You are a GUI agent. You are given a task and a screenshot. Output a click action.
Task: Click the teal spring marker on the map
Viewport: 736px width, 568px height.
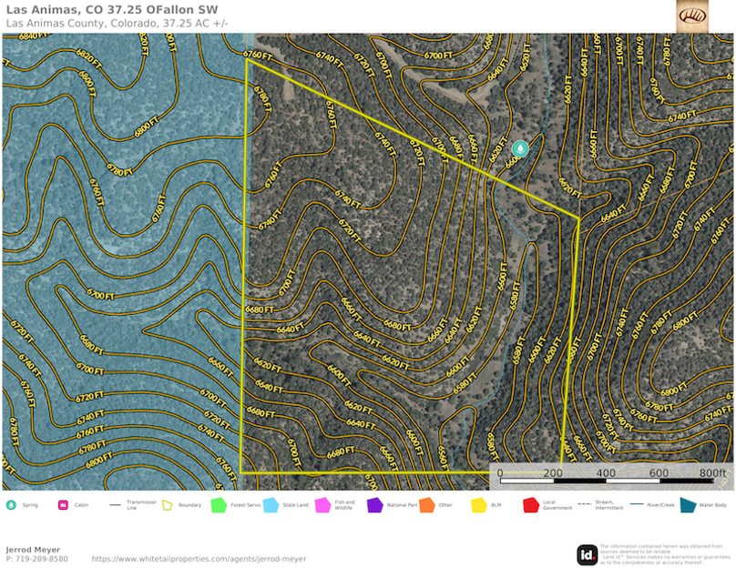(x=520, y=148)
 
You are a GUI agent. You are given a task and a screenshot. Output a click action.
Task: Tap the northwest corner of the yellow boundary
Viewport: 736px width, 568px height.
(x=247, y=60)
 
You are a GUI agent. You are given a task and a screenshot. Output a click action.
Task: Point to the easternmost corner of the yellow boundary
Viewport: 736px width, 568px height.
(x=579, y=218)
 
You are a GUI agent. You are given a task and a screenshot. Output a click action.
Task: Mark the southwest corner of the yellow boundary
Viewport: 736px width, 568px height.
(x=241, y=472)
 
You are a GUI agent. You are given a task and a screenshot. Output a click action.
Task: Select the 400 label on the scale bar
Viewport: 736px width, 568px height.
(x=605, y=473)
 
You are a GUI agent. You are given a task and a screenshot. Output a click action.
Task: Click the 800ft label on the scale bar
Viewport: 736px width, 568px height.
(x=712, y=473)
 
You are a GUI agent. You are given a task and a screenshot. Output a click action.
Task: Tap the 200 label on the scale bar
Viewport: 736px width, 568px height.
(x=552, y=473)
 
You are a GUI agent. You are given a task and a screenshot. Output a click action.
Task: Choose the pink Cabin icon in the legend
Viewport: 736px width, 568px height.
(x=64, y=504)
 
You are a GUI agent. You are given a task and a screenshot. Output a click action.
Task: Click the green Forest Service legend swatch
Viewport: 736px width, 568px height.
(x=219, y=504)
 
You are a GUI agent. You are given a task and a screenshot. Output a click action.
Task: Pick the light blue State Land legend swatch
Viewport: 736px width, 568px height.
(x=271, y=504)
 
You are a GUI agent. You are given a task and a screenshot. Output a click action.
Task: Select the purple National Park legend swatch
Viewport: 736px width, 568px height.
(x=374, y=504)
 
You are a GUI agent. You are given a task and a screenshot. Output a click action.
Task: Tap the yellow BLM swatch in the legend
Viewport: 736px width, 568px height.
(x=478, y=504)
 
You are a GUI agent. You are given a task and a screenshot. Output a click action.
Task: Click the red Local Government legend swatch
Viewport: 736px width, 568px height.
(x=530, y=504)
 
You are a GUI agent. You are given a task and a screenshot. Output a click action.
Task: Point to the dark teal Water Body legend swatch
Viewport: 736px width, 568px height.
(x=686, y=504)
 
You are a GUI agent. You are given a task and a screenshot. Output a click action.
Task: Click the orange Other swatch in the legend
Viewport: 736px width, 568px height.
(x=426, y=504)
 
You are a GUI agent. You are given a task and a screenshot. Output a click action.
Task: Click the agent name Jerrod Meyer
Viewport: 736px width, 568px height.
(x=34, y=550)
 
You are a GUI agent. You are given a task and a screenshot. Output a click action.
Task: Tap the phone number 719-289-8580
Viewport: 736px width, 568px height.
(x=41, y=559)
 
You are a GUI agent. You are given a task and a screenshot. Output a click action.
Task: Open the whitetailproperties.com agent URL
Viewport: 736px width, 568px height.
(x=199, y=559)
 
